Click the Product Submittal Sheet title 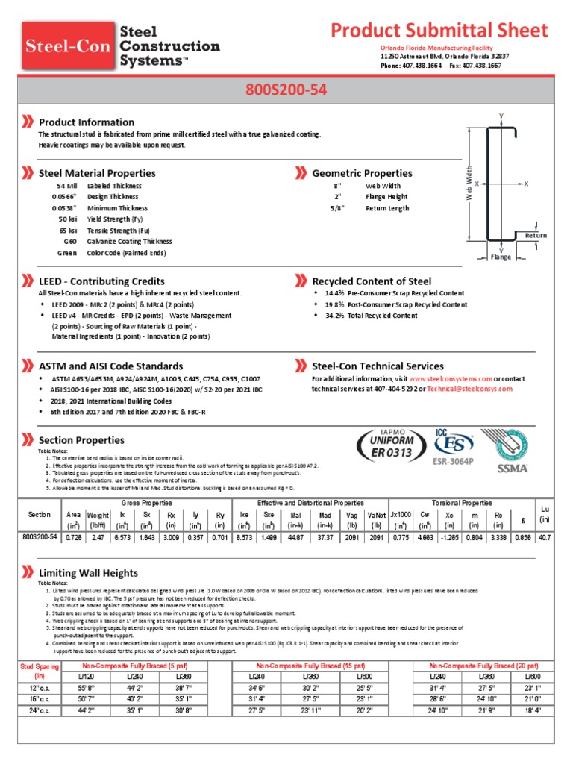pyautogui.click(x=439, y=31)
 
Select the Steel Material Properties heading pyautogui.click(x=97, y=173)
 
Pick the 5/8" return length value pyautogui.click(x=336, y=208)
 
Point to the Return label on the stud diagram pyautogui.click(x=536, y=236)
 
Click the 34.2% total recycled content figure pyautogui.click(x=334, y=316)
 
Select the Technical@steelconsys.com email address pyautogui.click(x=469, y=389)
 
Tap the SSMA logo pyautogui.click(x=513, y=468)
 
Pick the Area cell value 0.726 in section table pyautogui.click(x=74, y=537)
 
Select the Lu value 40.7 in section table pyautogui.click(x=544, y=537)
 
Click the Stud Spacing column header pyautogui.click(x=39, y=670)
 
